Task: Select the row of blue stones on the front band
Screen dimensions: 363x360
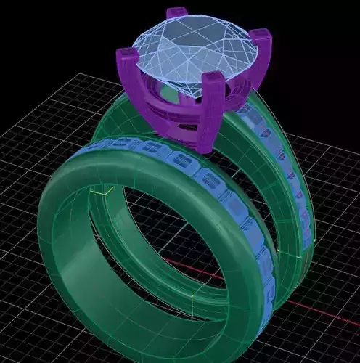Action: pyautogui.click(x=210, y=181)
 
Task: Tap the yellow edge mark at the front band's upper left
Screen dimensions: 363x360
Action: pyautogui.click(x=102, y=192)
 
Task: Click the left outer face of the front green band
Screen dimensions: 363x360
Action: pyautogui.click(x=58, y=240)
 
